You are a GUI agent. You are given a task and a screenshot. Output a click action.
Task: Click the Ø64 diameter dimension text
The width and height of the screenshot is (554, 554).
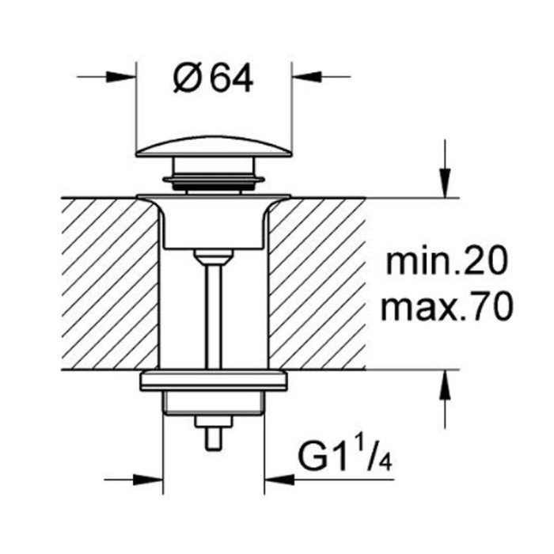[x=214, y=79]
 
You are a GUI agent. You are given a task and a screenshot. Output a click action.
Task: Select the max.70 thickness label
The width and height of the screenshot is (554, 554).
[x=446, y=307]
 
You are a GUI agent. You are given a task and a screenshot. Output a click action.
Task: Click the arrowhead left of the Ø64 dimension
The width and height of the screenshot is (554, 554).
[x=121, y=76]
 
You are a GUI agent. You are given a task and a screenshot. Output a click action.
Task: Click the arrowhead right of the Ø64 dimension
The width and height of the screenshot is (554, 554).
[x=307, y=76]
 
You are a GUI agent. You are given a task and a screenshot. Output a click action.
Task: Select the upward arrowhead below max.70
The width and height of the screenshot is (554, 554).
[x=445, y=385]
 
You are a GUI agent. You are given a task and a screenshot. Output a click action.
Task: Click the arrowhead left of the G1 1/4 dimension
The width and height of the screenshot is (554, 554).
[x=148, y=480]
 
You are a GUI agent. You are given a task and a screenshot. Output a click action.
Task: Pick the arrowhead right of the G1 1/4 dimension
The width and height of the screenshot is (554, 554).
[x=279, y=480]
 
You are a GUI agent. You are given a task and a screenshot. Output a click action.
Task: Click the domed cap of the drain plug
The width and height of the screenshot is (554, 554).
[x=214, y=146]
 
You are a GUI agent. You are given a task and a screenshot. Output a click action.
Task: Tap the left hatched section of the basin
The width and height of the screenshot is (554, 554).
[x=110, y=283]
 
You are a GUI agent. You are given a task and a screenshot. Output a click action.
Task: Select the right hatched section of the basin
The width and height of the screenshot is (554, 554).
[x=317, y=283]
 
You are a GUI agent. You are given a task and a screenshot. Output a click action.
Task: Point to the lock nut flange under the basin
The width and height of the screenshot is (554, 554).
[x=214, y=380]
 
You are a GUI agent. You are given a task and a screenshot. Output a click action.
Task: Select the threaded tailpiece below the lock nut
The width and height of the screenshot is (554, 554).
[x=214, y=403]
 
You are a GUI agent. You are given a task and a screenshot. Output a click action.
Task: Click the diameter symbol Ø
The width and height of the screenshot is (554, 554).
[x=188, y=79]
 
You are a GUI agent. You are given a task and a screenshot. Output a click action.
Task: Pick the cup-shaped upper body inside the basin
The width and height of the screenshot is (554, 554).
[x=214, y=222]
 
